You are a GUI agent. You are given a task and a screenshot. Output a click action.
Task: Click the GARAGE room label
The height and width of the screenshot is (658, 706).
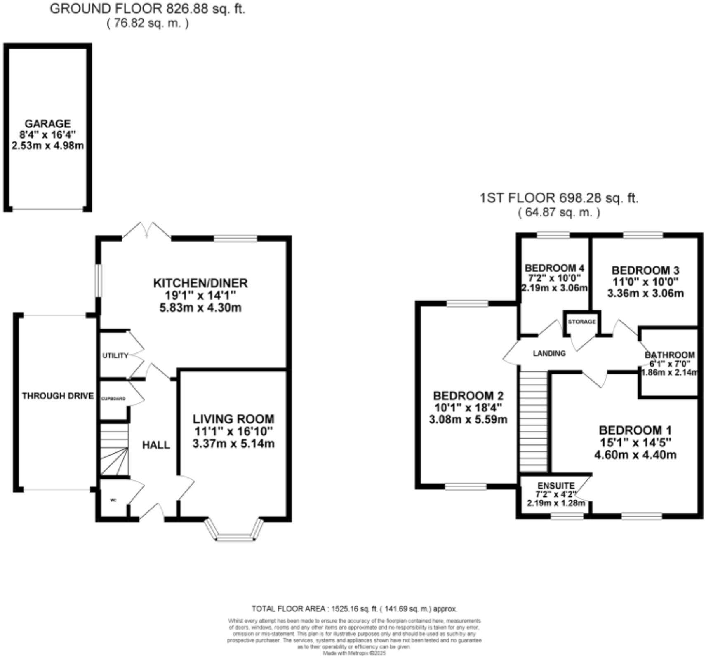pyautogui.click(x=47, y=124)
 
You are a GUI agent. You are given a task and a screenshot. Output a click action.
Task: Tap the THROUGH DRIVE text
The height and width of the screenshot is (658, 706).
pyautogui.click(x=58, y=396)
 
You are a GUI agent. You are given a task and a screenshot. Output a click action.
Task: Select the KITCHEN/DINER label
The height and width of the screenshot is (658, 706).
pyautogui.click(x=200, y=283)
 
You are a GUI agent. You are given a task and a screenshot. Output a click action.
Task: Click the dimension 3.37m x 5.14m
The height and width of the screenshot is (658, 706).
pyautogui.click(x=233, y=444)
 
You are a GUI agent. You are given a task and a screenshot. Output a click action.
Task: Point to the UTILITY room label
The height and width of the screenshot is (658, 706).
pyautogui.click(x=115, y=356)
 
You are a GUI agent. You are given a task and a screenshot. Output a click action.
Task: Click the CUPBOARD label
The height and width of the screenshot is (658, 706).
pyautogui.click(x=113, y=399)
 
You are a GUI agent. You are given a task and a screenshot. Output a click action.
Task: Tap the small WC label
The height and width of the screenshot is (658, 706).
pyautogui.click(x=113, y=500)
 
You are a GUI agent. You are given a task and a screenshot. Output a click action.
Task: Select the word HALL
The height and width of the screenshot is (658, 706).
pyautogui.click(x=156, y=445)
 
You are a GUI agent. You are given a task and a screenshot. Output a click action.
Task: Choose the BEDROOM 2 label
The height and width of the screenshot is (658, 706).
pyautogui.click(x=468, y=396)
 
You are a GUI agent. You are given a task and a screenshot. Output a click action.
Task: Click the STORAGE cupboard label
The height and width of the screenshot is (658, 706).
pyautogui.click(x=581, y=322)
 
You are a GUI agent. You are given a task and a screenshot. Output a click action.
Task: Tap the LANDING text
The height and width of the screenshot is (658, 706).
pyautogui.click(x=549, y=353)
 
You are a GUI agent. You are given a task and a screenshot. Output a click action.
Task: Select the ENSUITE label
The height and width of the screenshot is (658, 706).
pyautogui.click(x=555, y=486)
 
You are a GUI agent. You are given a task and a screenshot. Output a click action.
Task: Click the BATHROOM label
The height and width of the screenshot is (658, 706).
pyautogui.click(x=670, y=355)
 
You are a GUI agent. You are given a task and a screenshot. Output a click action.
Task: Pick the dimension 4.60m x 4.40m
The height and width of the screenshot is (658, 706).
pyautogui.click(x=635, y=455)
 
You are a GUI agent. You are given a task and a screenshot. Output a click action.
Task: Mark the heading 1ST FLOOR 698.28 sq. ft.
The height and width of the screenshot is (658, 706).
pyautogui.click(x=559, y=198)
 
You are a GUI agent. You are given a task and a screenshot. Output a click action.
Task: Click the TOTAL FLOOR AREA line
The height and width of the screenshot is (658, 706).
pyautogui.click(x=354, y=609)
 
